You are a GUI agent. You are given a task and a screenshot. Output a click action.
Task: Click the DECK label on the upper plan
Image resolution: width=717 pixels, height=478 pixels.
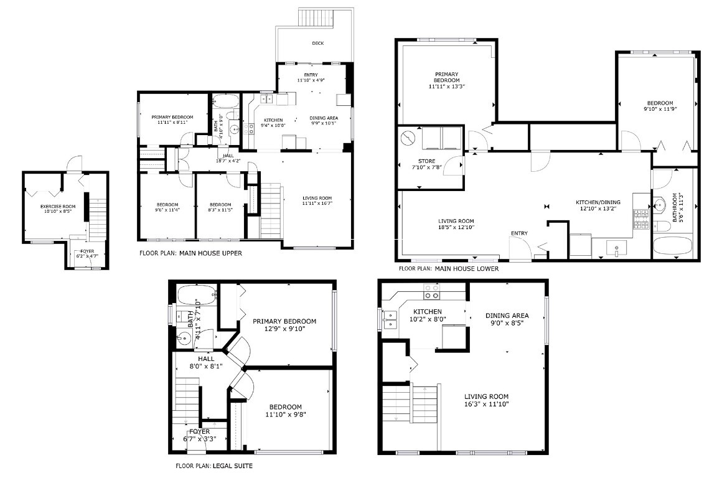pos(317,43)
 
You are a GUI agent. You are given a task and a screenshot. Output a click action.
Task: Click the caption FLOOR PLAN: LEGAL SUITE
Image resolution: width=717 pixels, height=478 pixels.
pos(214,466)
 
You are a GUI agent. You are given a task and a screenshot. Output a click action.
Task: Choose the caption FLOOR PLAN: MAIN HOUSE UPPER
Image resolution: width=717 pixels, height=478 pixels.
pos(190,254)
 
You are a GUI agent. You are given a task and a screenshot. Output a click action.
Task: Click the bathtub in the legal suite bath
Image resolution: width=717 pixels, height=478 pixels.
pos(197,295)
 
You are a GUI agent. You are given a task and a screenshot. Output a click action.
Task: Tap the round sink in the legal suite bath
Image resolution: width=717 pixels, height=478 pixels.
pos(184,340)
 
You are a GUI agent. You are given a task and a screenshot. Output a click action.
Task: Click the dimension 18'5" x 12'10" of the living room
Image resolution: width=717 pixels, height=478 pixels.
pos(456,227)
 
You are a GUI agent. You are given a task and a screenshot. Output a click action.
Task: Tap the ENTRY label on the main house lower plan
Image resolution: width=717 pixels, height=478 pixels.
pos(519,233)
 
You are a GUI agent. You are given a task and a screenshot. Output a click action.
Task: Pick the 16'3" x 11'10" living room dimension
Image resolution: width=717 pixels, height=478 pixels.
pos(486,403)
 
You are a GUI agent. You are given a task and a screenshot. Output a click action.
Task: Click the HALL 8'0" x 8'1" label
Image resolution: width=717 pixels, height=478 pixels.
pos(205,363)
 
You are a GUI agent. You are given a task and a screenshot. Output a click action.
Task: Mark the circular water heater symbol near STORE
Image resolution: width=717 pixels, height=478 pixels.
pos(408,138)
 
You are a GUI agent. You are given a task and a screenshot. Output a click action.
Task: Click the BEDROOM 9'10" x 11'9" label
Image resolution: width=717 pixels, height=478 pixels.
pos(659,106)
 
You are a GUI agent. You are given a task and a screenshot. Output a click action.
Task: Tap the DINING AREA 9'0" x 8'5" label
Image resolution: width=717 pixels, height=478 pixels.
pos(507,319)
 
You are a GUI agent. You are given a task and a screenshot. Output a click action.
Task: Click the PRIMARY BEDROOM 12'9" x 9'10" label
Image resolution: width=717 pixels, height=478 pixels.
pos(284,326)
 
